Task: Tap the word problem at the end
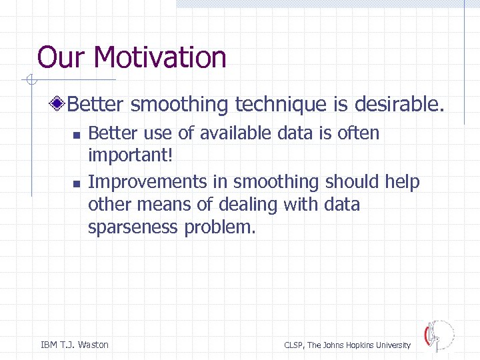tap(220, 227)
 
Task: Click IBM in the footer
tap(49, 345)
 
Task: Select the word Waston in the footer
tap(93, 345)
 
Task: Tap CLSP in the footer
tap(294, 345)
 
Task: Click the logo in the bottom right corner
tap(438, 335)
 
